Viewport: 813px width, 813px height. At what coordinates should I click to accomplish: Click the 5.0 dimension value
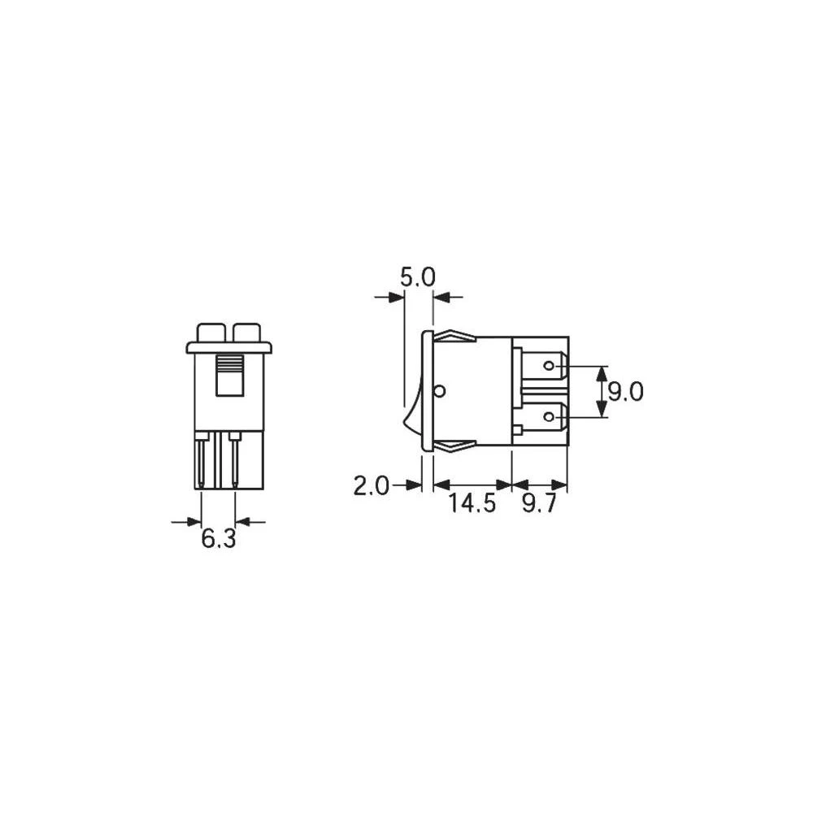click(x=418, y=279)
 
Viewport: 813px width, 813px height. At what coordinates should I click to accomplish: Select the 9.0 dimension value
click(x=626, y=393)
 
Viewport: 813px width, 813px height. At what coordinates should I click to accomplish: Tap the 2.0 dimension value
click(x=371, y=486)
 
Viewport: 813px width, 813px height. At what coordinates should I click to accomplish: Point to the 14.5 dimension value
click(x=472, y=504)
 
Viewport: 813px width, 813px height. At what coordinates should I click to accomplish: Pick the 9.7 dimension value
click(x=539, y=504)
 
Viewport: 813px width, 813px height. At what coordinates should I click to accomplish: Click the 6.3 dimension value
click(x=218, y=538)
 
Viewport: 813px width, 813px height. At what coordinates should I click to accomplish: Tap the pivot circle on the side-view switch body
click(x=440, y=392)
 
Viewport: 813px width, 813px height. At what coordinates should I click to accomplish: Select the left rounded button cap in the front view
click(x=211, y=332)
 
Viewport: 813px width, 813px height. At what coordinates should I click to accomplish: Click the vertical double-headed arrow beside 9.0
click(x=602, y=392)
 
